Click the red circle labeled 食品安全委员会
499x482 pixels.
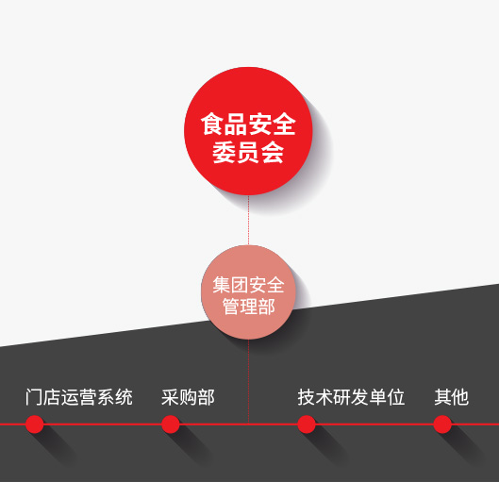pos(248,131)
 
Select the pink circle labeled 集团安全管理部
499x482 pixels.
pos(248,292)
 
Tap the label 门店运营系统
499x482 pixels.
pos(79,397)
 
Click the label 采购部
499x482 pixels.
pos(188,397)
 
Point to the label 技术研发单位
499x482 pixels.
pos(351,397)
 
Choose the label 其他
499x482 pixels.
pos(451,397)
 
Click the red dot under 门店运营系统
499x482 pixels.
pos(34,424)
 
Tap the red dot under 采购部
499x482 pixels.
pos(170,424)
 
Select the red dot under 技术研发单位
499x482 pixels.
pos(307,424)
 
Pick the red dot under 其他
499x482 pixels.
pos(442,424)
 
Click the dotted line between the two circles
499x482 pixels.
pos(248,220)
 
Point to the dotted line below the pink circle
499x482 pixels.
pos(248,381)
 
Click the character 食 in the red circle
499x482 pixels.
pos(212,125)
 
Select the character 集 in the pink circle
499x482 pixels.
pos(221,285)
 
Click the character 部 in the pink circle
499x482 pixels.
pos(266,307)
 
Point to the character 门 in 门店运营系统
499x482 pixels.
pos(34,397)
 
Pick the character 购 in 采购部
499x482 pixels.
pos(188,397)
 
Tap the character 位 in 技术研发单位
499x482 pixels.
pos(396,397)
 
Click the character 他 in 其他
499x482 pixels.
pos(460,397)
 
